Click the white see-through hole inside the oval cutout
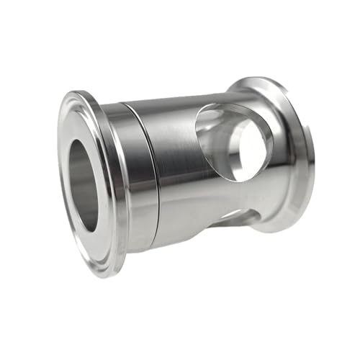[248, 148]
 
